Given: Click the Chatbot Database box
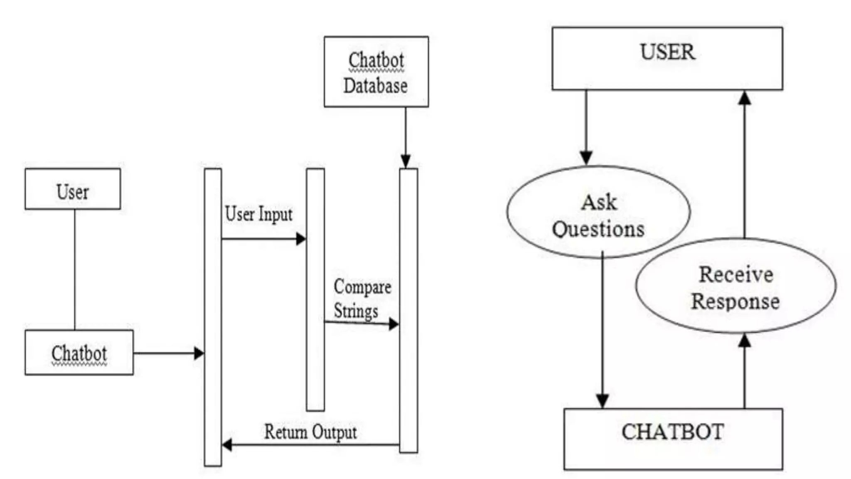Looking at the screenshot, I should [x=376, y=72].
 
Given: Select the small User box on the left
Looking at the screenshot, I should [x=73, y=189].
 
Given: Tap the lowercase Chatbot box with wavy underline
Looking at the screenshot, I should [x=79, y=353].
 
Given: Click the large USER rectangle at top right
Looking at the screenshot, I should [x=667, y=59].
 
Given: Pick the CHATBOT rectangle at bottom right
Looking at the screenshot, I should [x=673, y=439].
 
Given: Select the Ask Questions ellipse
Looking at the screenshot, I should [x=598, y=212].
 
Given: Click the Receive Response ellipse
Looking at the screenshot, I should [x=735, y=286].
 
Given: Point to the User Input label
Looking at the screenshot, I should [x=258, y=215].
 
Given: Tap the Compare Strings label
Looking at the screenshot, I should [x=362, y=299].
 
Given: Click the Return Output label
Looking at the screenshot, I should [x=310, y=432].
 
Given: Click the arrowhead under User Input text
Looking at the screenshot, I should [x=301, y=239].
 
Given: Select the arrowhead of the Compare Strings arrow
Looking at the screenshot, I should [x=394, y=324].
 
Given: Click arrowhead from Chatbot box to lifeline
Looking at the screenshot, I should [x=199, y=353].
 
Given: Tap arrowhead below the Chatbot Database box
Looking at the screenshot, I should [x=406, y=161].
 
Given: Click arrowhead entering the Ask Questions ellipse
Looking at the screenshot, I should [x=586, y=158].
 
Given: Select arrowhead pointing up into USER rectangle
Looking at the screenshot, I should [x=745, y=98].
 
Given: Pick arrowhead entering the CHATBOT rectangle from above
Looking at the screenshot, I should [x=603, y=401].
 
